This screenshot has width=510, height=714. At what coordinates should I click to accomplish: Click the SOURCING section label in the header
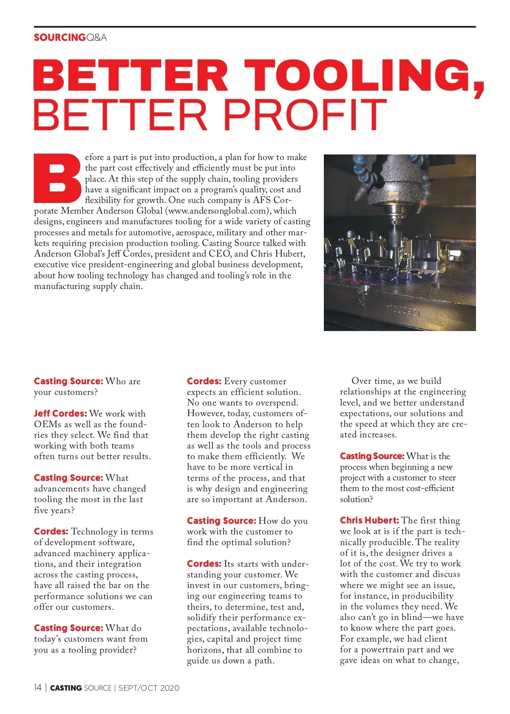tap(59, 37)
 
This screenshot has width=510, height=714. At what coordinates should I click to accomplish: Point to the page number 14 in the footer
tap(38, 688)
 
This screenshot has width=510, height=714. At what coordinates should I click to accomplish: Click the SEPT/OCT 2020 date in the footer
tap(149, 688)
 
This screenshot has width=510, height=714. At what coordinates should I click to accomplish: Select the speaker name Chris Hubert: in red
tap(369, 520)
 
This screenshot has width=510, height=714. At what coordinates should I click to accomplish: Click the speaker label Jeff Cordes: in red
tap(60, 414)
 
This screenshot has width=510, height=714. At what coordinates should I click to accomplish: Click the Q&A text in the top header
tap(96, 37)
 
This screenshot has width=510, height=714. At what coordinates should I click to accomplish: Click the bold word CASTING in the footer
tap(66, 688)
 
